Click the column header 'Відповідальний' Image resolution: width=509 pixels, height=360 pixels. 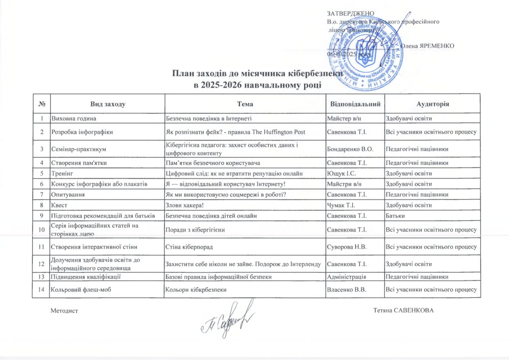click(x=355, y=104)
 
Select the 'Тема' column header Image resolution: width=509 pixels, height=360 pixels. click(x=245, y=104)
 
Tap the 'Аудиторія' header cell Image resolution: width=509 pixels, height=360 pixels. click(x=432, y=104)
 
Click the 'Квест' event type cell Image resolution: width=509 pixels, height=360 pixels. click(x=59, y=205)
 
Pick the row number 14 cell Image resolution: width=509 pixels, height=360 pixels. click(x=42, y=290)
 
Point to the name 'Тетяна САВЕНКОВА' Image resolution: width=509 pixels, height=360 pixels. click(x=403, y=310)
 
